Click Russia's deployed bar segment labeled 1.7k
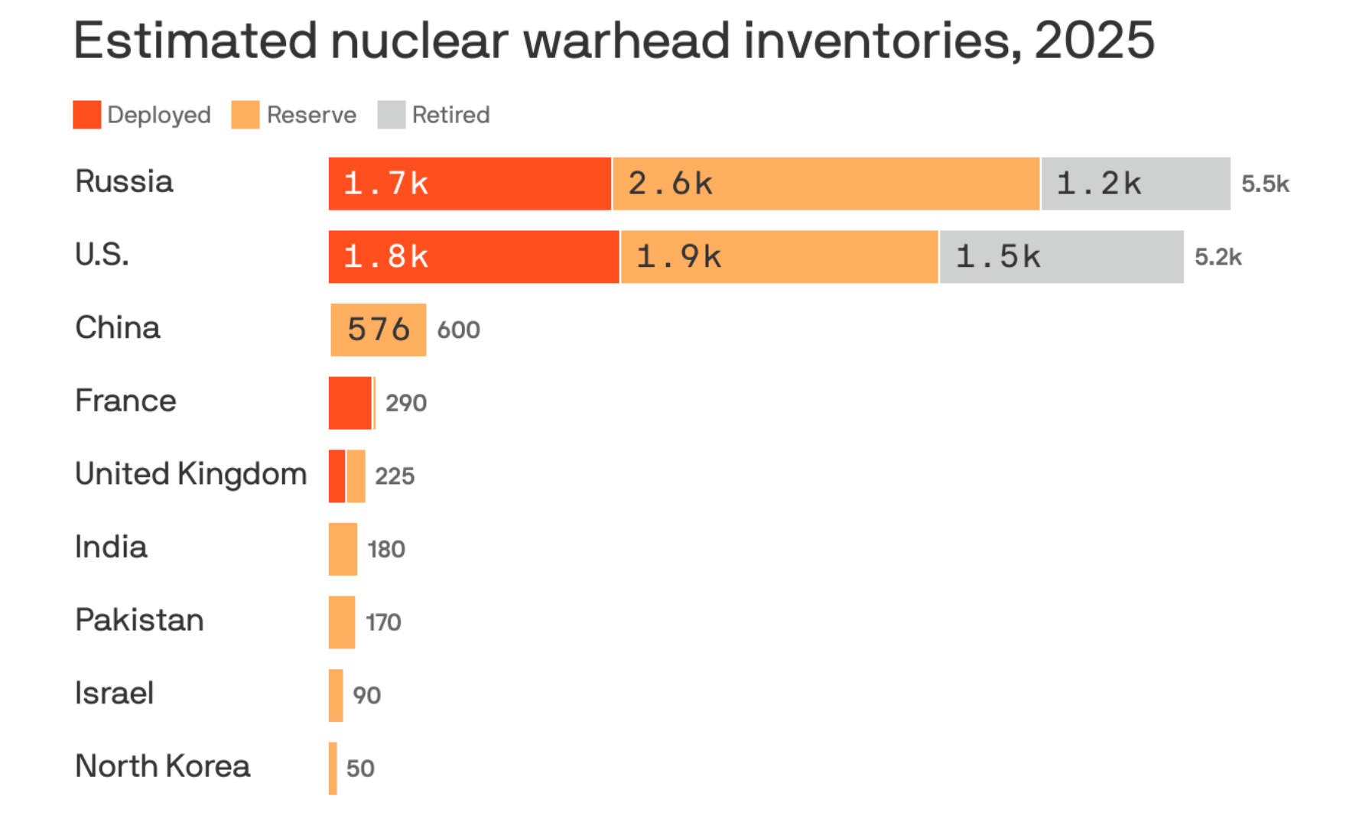coord(470,184)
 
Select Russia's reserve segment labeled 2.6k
coord(826,184)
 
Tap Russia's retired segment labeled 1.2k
coord(1136,184)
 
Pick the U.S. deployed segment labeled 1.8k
coord(473,257)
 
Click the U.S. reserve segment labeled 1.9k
coord(779,257)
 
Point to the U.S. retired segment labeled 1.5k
coord(1062,257)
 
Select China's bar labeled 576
coord(378,330)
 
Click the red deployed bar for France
coord(350,403)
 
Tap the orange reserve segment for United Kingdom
coord(356,476)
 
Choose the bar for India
coord(343,549)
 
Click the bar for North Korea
coord(333,768)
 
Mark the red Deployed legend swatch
coord(87,115)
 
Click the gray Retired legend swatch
coord(391,115)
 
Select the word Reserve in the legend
coord(311,115)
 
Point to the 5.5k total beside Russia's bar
coord(1265,184)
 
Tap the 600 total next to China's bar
coord(458,330)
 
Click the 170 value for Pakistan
coord(383,622)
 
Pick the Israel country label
coord(115,693)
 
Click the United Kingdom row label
coord(190,474)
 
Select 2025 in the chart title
coord(1094,41)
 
